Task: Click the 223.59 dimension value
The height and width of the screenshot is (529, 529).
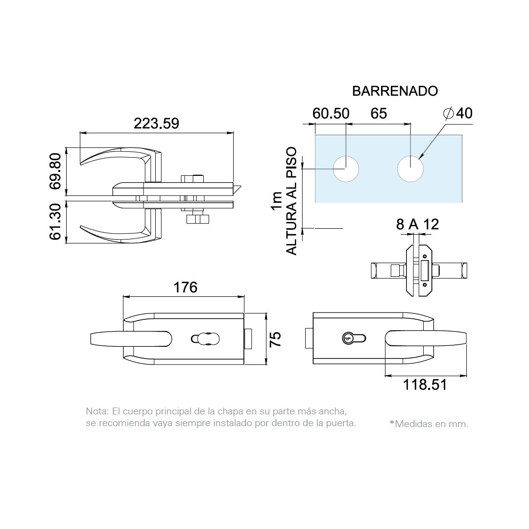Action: (156, 123)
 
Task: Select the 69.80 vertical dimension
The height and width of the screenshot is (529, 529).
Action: (55, 171)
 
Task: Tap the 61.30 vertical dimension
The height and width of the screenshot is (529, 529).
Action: (55, 222)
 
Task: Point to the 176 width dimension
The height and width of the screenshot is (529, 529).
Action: (185, 288)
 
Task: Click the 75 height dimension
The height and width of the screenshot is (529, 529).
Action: (275, 339)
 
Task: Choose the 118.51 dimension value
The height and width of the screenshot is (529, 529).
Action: (425, 385)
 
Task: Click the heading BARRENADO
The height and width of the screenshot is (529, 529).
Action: (395, 91)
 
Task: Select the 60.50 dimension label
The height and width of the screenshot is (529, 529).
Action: (331, 113)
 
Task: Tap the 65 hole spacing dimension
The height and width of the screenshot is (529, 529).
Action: (379, 113)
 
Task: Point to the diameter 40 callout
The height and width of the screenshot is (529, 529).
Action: (458, 113)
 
